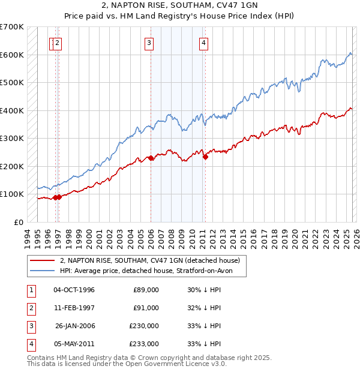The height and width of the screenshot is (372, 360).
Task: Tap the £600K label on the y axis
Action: [11, 55]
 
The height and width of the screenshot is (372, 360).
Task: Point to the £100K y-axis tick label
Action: [11, 194]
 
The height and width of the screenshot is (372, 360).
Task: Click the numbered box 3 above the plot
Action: [149, 43]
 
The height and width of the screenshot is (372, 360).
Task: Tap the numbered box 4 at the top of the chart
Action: [204, 43]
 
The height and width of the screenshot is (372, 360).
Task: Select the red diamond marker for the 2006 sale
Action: [151, 158]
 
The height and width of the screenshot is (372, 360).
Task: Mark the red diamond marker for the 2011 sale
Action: [205, 157]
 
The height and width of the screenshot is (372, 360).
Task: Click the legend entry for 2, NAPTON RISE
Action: [150, 260]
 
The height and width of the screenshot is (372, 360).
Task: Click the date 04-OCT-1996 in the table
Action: [74, 290]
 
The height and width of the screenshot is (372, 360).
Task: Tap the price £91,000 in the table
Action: [146, 308]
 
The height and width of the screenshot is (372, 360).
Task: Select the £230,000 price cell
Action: [144, 326]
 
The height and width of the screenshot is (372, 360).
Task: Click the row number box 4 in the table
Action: [29, 344]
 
